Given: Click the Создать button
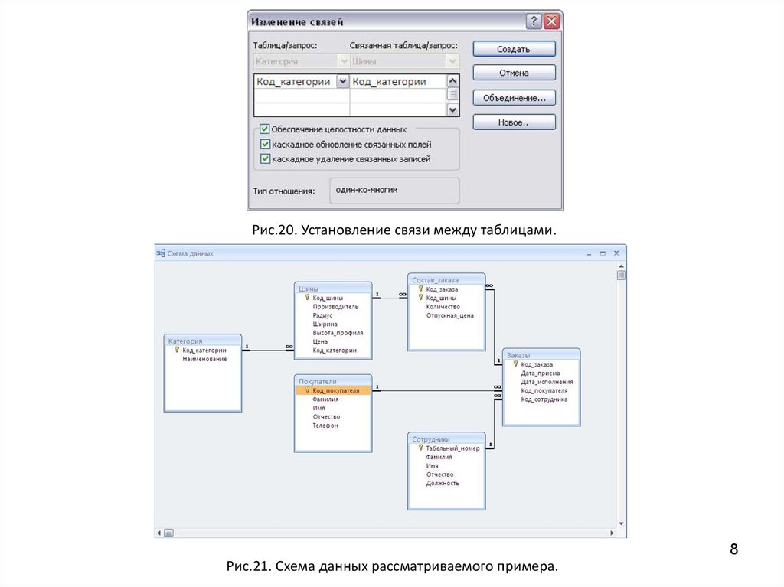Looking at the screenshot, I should [x=514, y=49].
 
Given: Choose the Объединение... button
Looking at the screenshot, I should [x=514, y=98].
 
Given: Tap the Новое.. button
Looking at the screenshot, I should [x=514, y=122].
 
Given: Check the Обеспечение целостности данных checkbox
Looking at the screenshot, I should [x=265, y=129].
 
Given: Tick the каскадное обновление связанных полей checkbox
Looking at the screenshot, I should [x=265, y=144].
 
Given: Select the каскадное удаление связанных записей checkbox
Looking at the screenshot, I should [x=265, y=159].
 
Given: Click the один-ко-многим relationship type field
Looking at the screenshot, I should [x=394, y=191].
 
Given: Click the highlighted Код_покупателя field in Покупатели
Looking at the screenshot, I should [x=335, y=390].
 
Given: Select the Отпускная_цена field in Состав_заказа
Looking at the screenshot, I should [x=449, y=315].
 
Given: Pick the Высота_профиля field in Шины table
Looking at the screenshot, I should [x=338, y=333].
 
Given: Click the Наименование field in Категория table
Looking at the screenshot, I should [x=204, y=359].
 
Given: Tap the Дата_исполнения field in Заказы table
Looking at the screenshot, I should [x=547, y=382].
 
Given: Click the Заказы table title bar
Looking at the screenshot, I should [x=541, y=354].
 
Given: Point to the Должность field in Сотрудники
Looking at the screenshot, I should [x=443, y=484].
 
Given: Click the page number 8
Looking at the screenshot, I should [x=733, y=549].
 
